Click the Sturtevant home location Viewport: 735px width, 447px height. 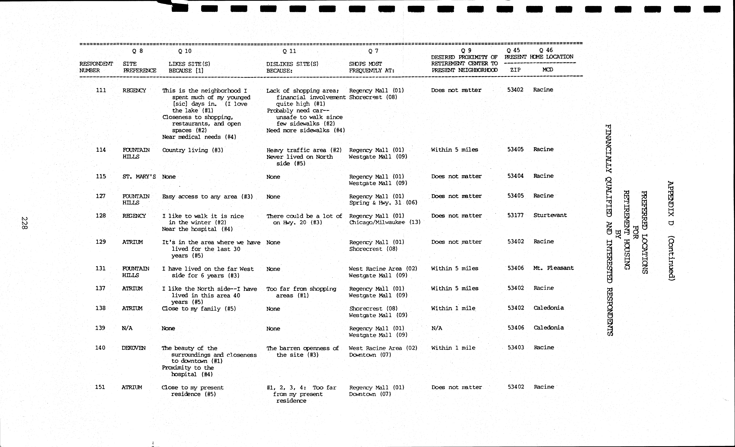(550, 215)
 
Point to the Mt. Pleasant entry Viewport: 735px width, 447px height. (553, 268)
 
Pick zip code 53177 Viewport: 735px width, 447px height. (515, 215)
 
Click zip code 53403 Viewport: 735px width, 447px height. (516, 348)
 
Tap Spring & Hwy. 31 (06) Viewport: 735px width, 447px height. (383, 203)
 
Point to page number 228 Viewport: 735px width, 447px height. (24, 223)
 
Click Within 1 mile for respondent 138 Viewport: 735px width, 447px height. (453, 308)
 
